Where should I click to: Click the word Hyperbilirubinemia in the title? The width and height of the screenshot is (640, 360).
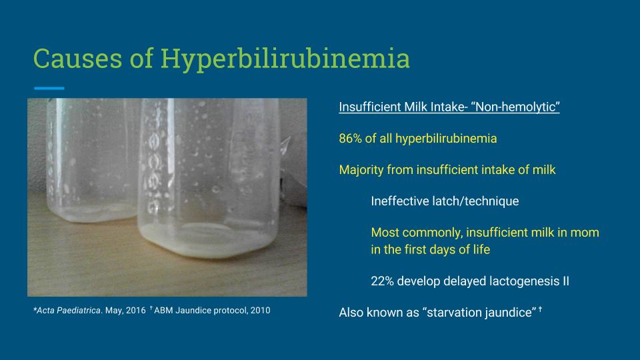(x=285, y=59)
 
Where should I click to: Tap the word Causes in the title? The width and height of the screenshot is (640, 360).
(x=77, y=59)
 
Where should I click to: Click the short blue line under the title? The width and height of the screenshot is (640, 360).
(x=49, y=88)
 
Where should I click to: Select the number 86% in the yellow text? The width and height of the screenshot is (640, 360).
(x=350, y=139)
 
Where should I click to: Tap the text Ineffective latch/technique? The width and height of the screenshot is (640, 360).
(x=445, y=201)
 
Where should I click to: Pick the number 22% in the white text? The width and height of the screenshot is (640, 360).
(x=382, y=281)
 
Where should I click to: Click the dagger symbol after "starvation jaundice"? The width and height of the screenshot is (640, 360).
(x=540, y=309)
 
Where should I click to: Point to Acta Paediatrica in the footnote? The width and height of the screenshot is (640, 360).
(x=68, y=310)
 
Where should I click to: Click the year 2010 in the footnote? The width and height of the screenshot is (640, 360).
(x=261, y=310)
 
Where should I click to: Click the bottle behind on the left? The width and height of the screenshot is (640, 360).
(x=91, y=160)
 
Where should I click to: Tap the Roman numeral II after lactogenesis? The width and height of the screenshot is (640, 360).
(x=566, y=281)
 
